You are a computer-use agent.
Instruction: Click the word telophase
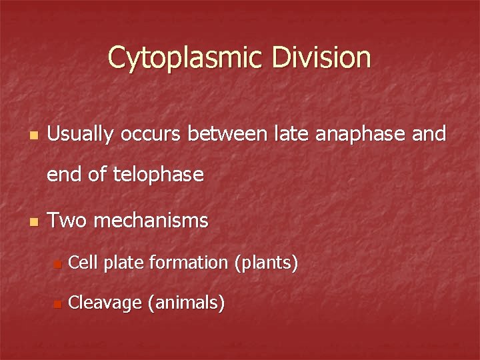[x=158, y=175]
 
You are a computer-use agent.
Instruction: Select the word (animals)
[x=186, y=304]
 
